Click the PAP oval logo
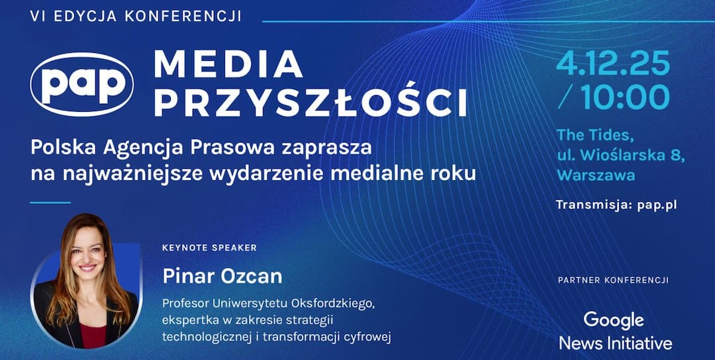pos(82,84)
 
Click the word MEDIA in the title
pos(228,64)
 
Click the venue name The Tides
pos(595,135)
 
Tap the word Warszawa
pos(596,175)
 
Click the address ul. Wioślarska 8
pos(620,156)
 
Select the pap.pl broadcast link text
pos(657,204)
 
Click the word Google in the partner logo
pos(614,320)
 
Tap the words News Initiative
pos(615,343)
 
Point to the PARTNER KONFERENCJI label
pos(613,281)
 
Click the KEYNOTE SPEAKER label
pos(209,247)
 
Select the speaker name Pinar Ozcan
pos(222,275)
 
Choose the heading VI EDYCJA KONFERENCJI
pos(136,16)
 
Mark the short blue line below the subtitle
pos(50,202)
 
